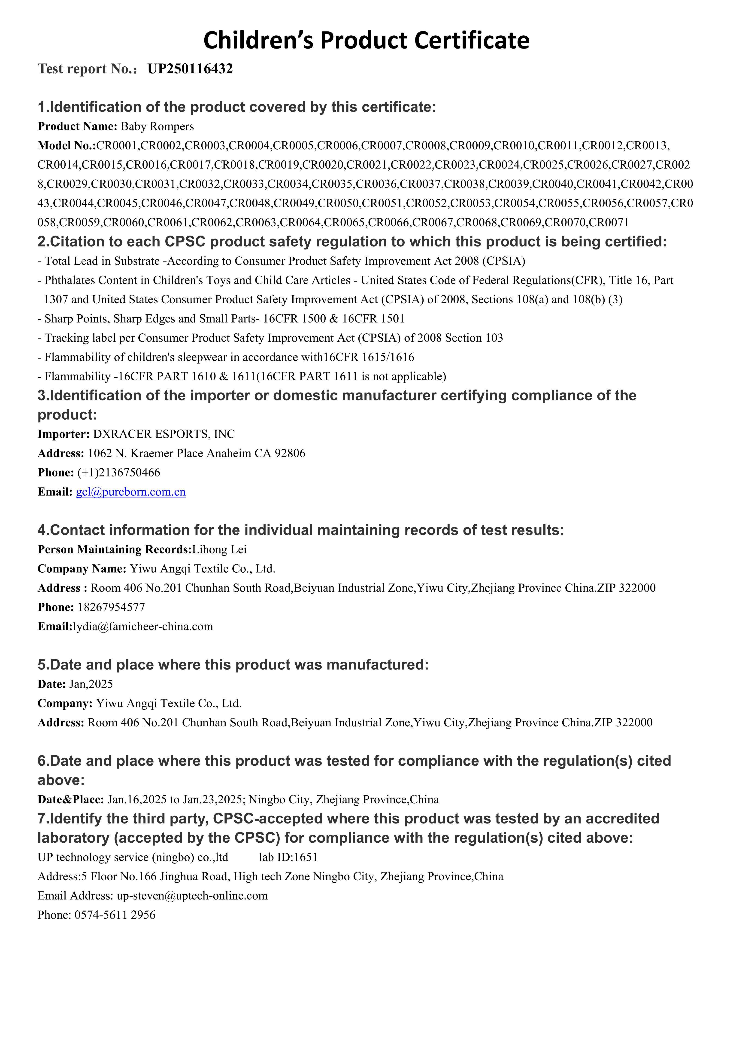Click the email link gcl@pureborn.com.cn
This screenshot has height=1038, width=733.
click(130, 492)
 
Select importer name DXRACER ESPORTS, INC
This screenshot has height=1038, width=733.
click(164, 434)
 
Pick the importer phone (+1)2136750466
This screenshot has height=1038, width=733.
click(119, 473)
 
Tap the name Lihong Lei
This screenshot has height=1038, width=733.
click(219, 549)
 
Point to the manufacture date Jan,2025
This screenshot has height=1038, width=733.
click(91, 684)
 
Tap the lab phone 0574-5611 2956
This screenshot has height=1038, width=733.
click(115, 915)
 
